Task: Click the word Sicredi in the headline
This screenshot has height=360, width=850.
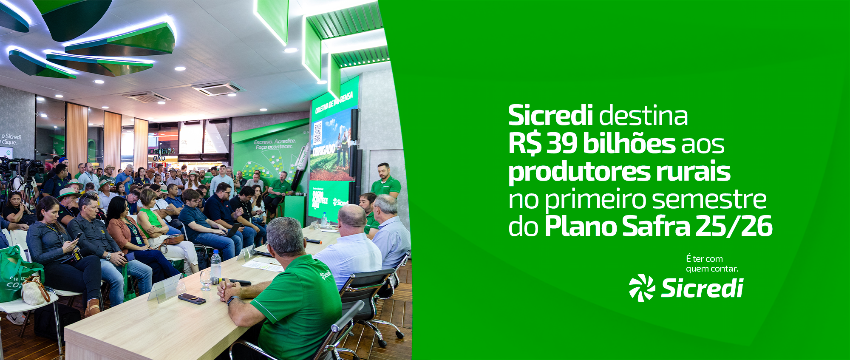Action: [550, 116]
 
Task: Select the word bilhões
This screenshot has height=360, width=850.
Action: [629, 144]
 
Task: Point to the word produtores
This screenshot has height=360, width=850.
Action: [579, 172]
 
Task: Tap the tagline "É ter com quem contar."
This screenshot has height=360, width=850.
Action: [711, 264]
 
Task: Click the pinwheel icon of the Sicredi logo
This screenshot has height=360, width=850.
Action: [642, 288]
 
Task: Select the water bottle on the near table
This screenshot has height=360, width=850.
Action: [216, 266]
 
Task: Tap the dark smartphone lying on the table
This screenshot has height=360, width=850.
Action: [192, 299]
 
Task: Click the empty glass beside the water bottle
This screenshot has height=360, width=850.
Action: [205, 280]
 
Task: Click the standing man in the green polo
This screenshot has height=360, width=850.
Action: [385, 181]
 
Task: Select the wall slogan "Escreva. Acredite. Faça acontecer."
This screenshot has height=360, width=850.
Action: [274, 144]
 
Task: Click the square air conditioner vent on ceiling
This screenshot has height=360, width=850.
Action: [218, 88]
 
